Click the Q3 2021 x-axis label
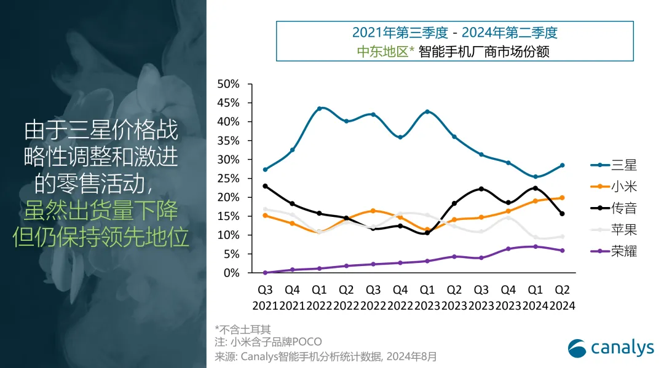click(x=266, y=297)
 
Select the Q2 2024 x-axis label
click(x=562, y=297)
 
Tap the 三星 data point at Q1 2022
click(x=320, y=109)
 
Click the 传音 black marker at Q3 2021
click(x=266, y=186)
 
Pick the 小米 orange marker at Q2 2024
click(x=562, y=198)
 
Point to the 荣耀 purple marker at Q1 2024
click(x=535, y=246)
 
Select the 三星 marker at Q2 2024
click(x=562, y=165)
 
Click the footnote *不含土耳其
click(x=243, y=329)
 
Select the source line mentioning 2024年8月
click(x=325, y=356)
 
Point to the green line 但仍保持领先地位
click(x=101, y=237)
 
